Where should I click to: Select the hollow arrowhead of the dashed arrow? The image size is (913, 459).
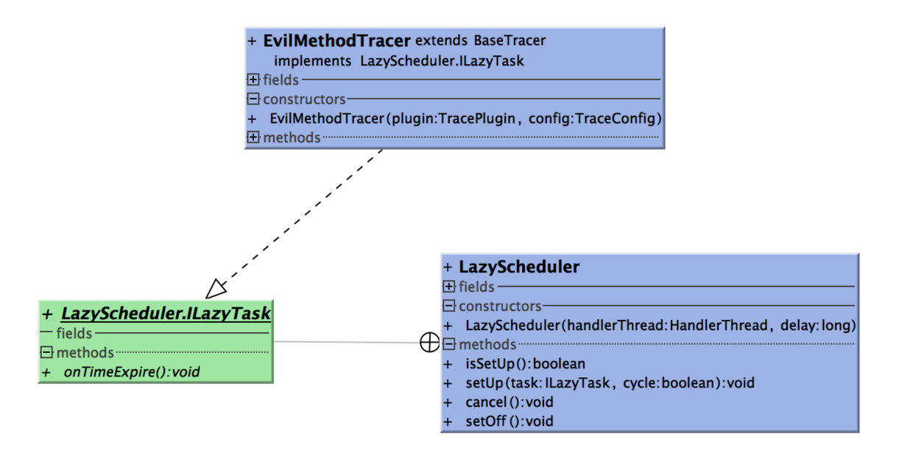(x=216, y=287)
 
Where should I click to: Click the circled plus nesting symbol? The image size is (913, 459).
(x=429, y=343)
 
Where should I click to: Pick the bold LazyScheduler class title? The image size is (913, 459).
(x=518, y=267)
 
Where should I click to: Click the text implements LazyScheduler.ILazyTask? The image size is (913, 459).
(x=398, y=61)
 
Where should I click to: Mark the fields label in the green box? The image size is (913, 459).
(x=73, y=334)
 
